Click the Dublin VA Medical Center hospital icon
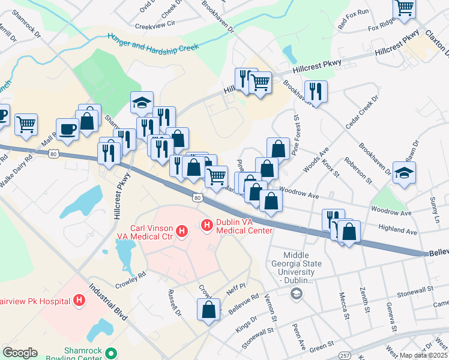click(x=207, y=226)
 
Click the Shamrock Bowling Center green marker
click(x=110, y=353)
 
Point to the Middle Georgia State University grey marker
click(x=295, y=293)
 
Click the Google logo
click(x=20, y=353)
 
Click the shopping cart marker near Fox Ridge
click(x=405, y=8)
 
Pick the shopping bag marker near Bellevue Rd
click(x=208, y=310)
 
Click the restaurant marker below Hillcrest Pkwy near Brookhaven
click(x=315, y=91)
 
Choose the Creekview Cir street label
click(x=154, y=25)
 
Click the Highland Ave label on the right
click(x=397, y=231)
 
